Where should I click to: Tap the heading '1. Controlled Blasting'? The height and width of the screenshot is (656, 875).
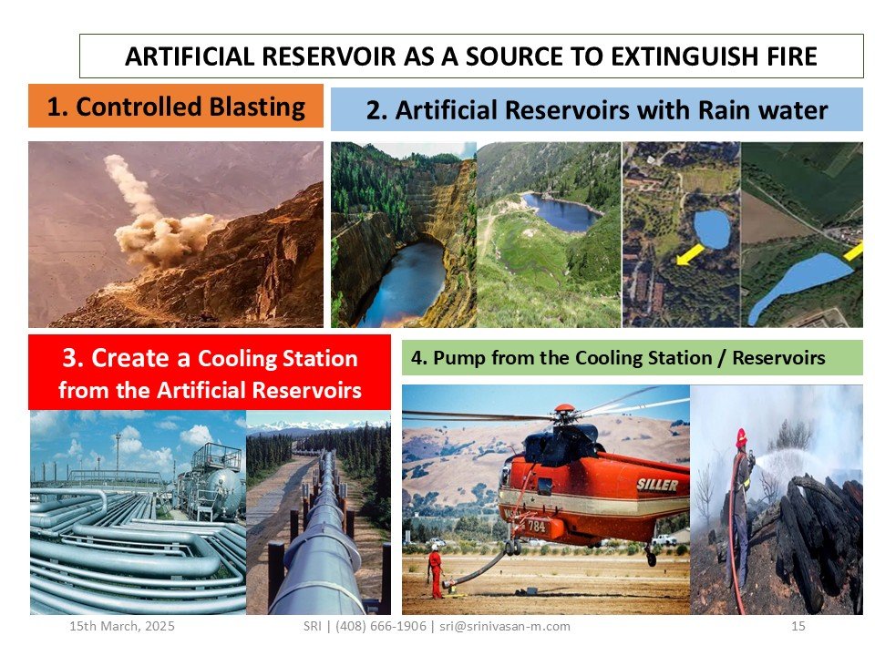click(176, 107)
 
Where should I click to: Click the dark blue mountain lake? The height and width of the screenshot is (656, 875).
click(561, 212)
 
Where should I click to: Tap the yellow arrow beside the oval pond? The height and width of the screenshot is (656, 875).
click(690, 254)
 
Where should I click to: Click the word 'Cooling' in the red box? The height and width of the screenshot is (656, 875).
click(237, 359)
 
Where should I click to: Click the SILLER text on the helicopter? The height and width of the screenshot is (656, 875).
click(657, 485)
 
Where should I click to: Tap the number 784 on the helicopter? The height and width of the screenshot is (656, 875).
click(536, 526)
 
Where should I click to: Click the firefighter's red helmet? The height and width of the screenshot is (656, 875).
click(741, 436)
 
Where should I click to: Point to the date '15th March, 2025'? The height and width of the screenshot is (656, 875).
click(121, 626)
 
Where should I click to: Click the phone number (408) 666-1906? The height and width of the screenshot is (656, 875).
click(381, 626)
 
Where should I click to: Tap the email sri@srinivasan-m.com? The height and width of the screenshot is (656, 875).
click(504, 626)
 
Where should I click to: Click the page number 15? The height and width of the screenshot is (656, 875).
click(798, 626)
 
